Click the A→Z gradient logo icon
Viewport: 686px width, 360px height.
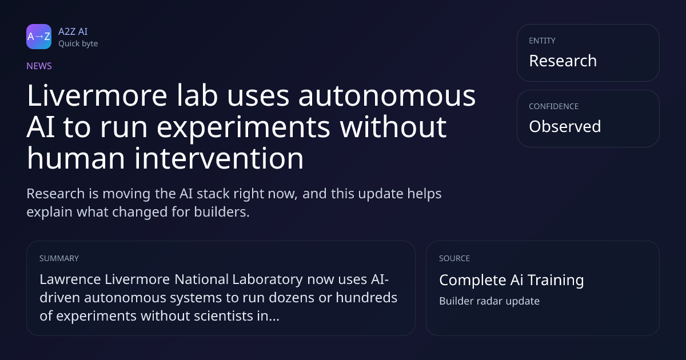tap(39, 37)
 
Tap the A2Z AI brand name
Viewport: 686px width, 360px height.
tap(73, 31)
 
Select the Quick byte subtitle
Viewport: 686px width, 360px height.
tap(78, 44)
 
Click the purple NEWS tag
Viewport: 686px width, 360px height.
tap(39, 66)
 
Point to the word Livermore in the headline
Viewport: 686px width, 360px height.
tap(97, 95)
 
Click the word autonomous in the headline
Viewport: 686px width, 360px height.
tap(387, 96)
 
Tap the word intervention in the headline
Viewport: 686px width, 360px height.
tap(219, 158)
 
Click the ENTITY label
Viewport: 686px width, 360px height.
tap(542, 41)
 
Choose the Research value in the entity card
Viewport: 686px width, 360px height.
tap(563, 61)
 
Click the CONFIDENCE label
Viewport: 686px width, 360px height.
tap(554, 106)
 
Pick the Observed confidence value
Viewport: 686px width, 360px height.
tap(565, 126)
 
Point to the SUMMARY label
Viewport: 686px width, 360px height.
tap(59, 258)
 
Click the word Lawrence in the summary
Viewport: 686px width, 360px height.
tap(70, 279)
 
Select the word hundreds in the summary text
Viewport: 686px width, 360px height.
tap(366, 298)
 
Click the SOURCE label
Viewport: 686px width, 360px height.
tap(454, 258)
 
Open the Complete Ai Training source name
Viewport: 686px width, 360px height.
tap(512, 280)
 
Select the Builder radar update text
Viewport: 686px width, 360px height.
tap(489, 301)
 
